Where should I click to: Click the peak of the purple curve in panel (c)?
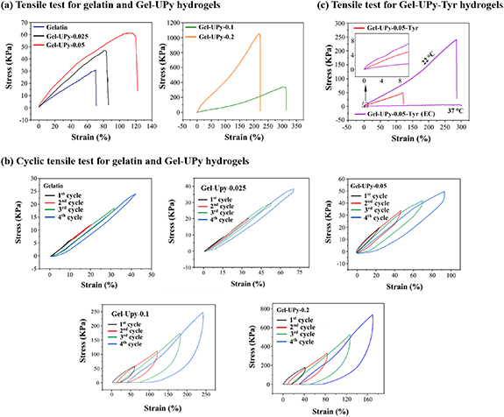point(456,39)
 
